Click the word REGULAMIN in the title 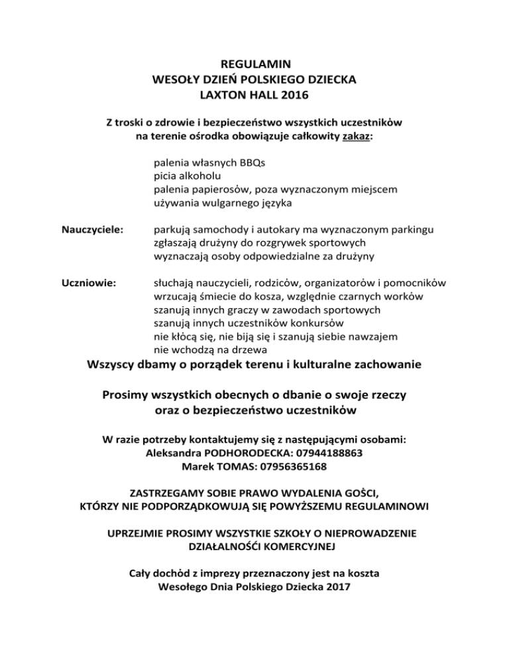[254, 66]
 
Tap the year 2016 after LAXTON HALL [294, 95]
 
